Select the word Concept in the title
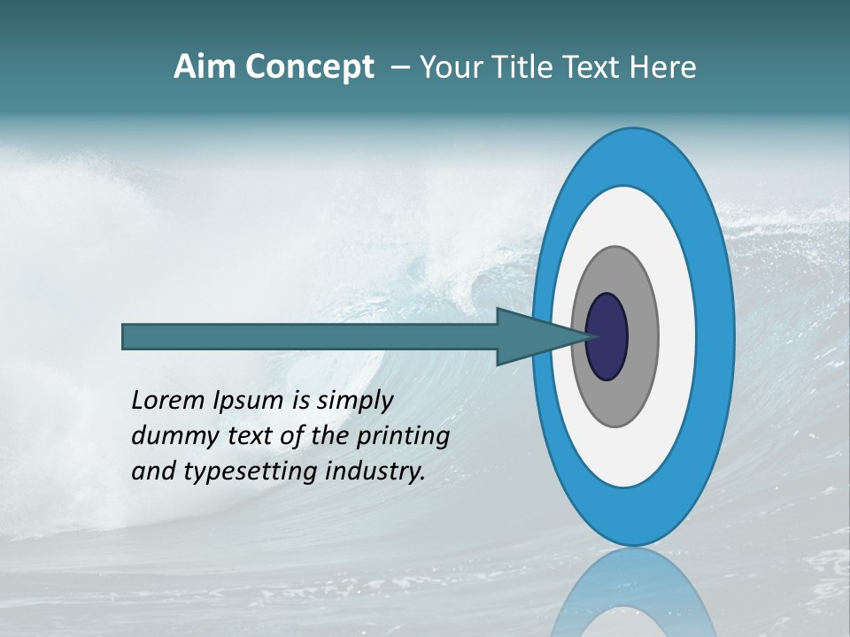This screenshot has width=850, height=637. (x=310, y=68)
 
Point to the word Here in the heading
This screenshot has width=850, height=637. (x=663, y=67)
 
